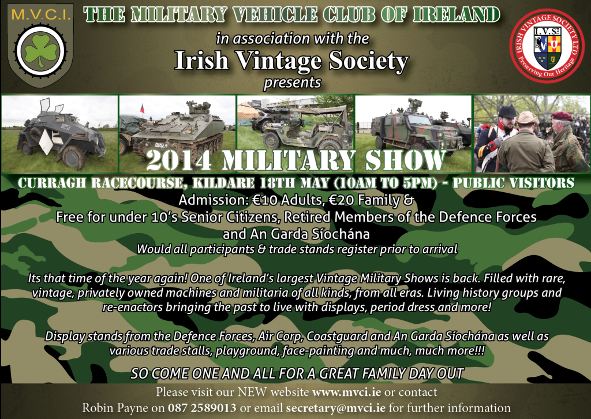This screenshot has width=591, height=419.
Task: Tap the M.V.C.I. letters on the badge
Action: tap(41, 15)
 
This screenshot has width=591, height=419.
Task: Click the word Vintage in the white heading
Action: tap(278, 61)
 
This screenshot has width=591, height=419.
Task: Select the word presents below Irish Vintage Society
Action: tap(293, 83)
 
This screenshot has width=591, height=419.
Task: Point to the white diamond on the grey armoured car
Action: tap(46, 143)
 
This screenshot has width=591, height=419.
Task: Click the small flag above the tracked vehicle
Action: tap(143, 108)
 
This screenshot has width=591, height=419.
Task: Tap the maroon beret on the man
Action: tap(562, 115)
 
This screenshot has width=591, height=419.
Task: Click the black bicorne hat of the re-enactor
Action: tap(507, 111)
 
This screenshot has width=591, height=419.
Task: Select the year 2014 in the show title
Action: tap(179, 161)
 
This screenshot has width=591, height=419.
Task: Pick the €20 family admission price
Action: tap(342, 200)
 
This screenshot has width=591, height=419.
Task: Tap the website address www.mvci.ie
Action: tap(346, 392)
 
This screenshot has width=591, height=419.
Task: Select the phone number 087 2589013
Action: tap(202, 407)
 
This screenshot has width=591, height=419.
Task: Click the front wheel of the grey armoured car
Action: tap(73, 158)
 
